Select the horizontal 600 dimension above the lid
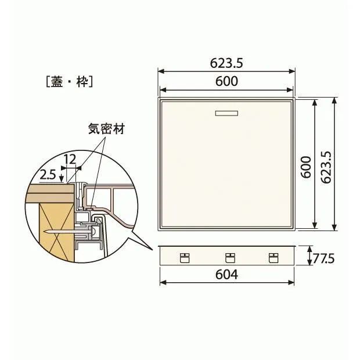(x=226, y=82)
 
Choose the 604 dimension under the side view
(x=226, y=275)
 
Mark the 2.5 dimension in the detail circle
(x=48, y=173)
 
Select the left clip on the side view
(x=185, y=258)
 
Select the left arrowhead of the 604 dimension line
(x=161, y=283)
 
